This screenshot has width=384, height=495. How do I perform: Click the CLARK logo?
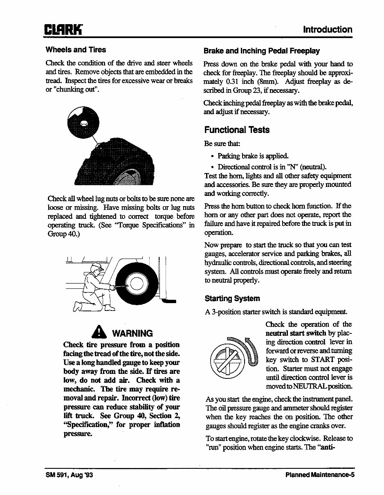[x=64, y=30]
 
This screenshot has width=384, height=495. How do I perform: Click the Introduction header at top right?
[x=327, y=29]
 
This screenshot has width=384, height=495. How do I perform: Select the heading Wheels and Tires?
[x=76, y=50]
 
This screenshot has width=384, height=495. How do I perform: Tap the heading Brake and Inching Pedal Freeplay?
[x=261, y=51]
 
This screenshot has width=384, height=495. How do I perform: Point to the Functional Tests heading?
[x=237, y=130]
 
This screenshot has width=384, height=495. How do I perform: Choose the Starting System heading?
[x=232, y=299]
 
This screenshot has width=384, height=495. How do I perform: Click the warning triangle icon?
[x=98, y=332]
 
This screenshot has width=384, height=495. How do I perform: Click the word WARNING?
[x=132, y=333]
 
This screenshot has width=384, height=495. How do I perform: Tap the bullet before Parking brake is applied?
[x=212, y=156]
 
